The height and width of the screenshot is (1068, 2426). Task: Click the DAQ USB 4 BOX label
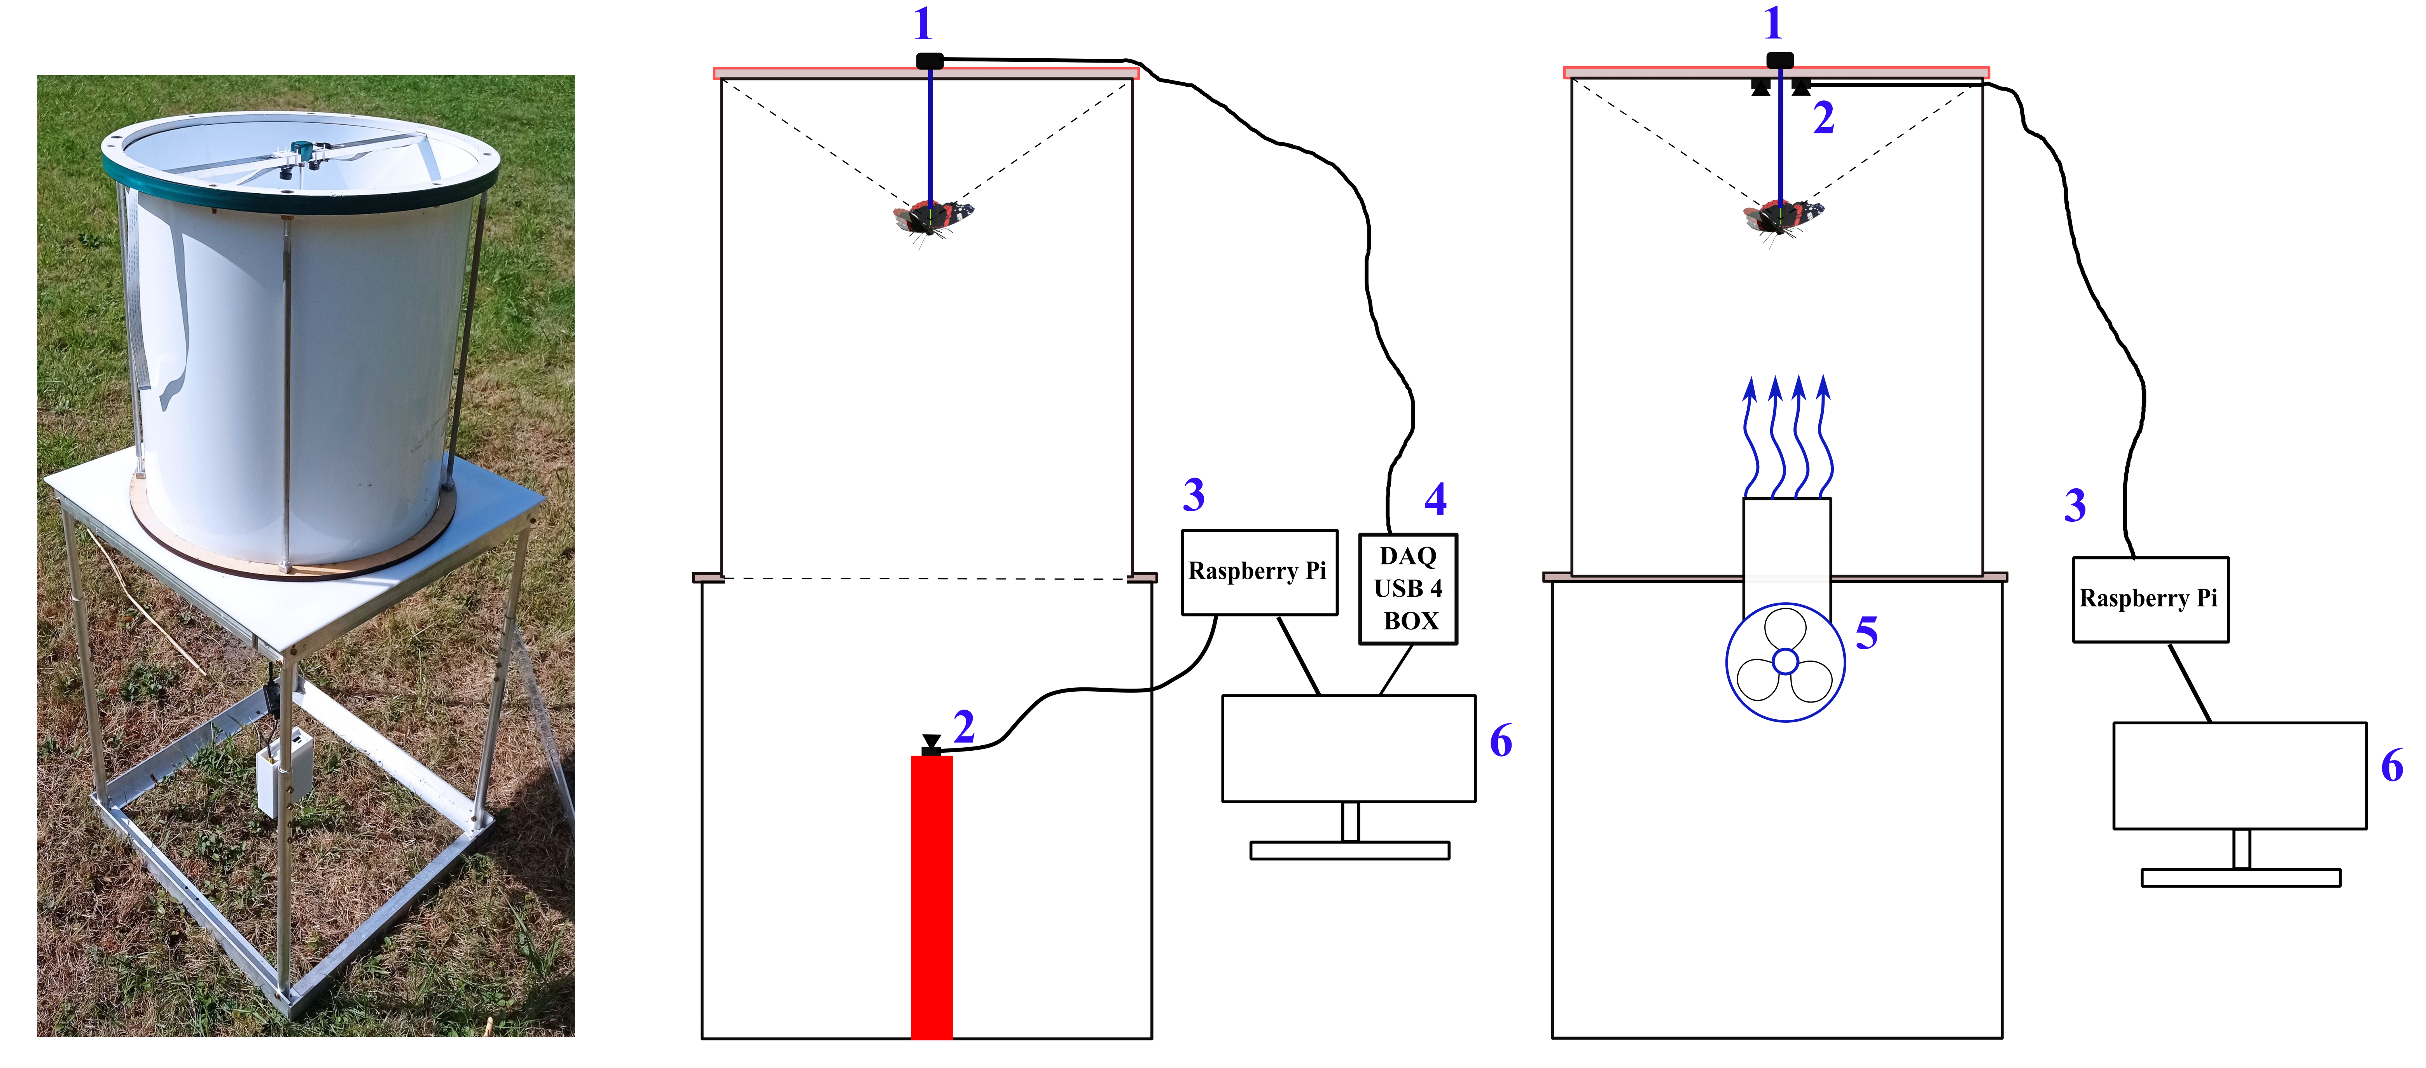(1408, 589)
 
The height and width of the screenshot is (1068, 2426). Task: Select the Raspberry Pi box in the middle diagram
(1258, 572)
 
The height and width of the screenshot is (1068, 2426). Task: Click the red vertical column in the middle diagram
(932, 895)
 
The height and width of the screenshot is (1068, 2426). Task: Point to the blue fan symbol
(1785, 662)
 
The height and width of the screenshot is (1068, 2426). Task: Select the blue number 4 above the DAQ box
(1435, 499)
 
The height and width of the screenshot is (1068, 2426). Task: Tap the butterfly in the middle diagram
(932, 218)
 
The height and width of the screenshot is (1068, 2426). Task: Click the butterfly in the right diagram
(1782, 218)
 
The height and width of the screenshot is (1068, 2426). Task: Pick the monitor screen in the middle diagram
(1349, 749)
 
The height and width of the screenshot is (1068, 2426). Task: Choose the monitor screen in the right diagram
(2239, 775)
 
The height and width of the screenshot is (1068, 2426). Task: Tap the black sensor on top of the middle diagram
(930, 61)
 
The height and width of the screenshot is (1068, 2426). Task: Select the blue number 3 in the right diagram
(2075, 506)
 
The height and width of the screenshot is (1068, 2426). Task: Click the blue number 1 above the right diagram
(1773, 24)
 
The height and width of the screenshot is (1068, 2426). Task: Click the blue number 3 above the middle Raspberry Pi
(1193, 495)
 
